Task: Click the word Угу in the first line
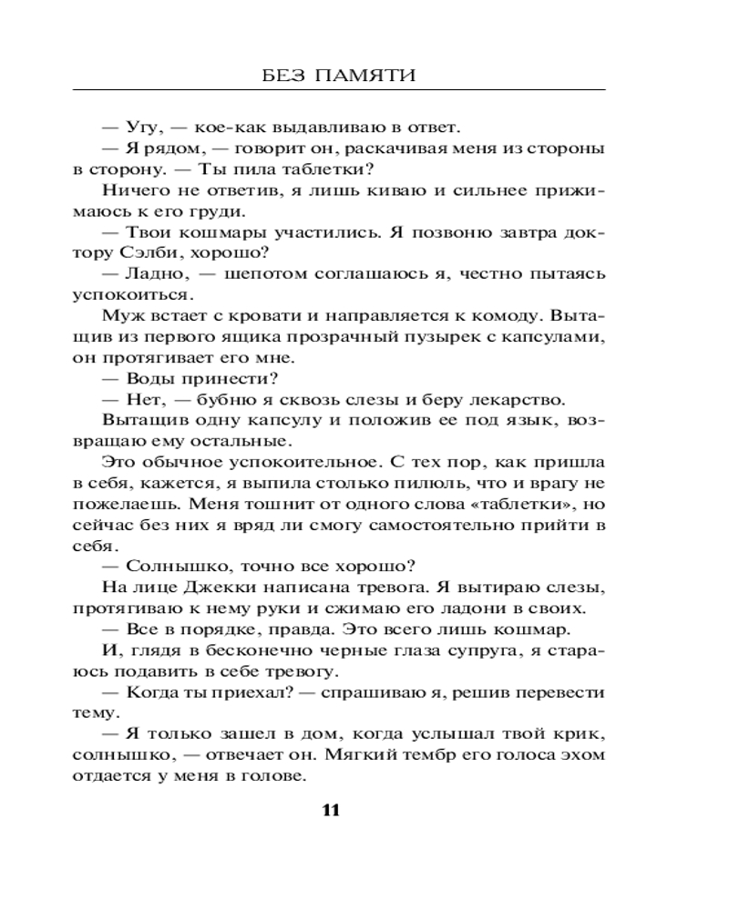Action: [x=138, y=128]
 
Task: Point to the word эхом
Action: [x=580, y=755]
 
